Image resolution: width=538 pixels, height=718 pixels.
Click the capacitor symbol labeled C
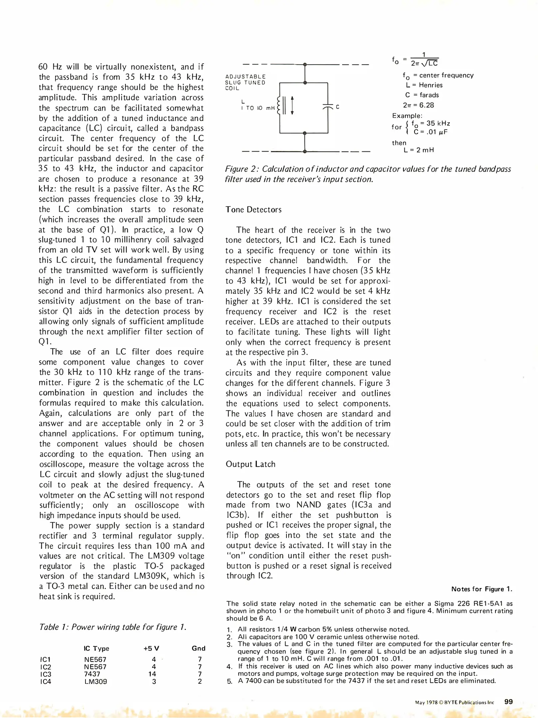click(328, 107)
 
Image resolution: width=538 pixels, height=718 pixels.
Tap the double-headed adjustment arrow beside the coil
click(292, 105)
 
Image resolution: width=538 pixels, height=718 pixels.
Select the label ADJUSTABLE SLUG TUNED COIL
click(245, 82)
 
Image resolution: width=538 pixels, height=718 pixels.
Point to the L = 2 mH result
click(419, 150)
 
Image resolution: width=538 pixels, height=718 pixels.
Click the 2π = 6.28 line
click(418, 105)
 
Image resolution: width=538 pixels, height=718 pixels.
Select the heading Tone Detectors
click(253, 210)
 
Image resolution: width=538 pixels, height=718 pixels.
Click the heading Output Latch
click(251, 464)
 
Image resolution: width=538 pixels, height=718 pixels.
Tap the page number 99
click(508, 702)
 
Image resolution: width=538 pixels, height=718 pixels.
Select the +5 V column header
click(151, 649)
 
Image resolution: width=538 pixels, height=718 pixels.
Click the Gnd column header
click(199, 649)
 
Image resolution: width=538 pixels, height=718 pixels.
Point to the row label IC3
click(46, 674)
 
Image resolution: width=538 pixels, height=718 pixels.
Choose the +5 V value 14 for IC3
click(152, 674)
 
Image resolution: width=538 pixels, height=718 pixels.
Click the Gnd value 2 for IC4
click(200, 682)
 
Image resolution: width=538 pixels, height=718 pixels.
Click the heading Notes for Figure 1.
click(481, 589)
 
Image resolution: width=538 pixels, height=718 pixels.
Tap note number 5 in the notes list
click(229, 681)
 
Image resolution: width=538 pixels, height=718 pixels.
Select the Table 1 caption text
click(112, 627)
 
